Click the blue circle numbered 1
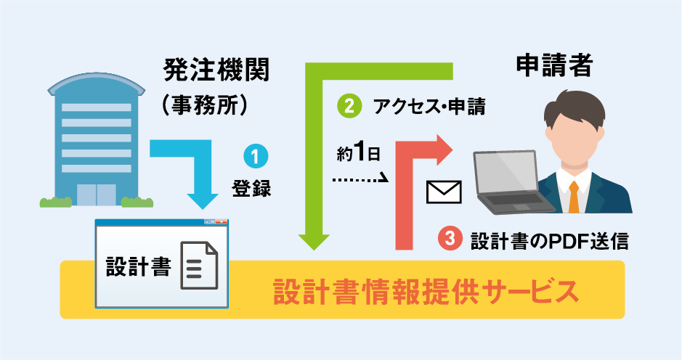tap(255, 156)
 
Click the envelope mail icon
tap(444, 191)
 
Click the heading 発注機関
tap(216, 70)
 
